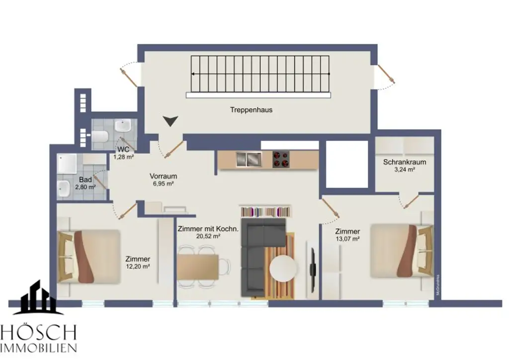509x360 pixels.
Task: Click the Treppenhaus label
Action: click(251, 110)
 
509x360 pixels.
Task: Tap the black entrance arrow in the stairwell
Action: click(171, 121)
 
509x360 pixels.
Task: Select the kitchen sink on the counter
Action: click(249, 159)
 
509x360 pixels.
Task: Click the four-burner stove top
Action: click(281, 159)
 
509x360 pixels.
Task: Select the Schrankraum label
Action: click(404, 162)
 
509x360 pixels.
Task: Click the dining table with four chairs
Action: click(199, 267)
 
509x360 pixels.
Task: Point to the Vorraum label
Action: click(163, 176)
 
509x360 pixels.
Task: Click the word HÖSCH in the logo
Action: click(38, 332)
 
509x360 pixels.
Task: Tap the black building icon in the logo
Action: click(38, 298)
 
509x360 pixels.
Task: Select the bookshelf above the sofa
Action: click(265, 211)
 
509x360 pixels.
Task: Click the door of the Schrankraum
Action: click(411, 201)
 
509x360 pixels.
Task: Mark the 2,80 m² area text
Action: click(84, 187)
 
